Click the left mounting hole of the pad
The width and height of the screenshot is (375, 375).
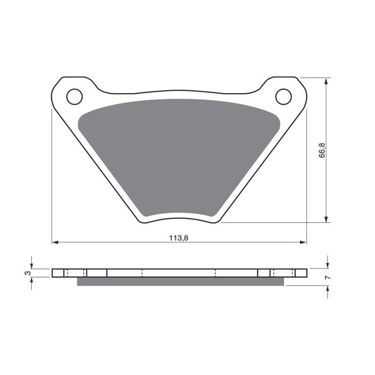click(x=74, y=97)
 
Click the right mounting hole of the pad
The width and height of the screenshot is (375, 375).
click(x=283, y=97)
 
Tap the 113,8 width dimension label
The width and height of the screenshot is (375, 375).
click(x=178, y=238)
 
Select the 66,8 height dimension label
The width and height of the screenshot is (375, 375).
click(x=322, y=150)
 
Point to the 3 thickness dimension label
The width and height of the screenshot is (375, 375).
click(x=28, y=273)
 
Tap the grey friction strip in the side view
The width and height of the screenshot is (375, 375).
click(x=181, y=281)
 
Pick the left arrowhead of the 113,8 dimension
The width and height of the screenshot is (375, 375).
click(x=55, y=242)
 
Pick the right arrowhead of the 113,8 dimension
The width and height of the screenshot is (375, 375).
click(x=303, y=242)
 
